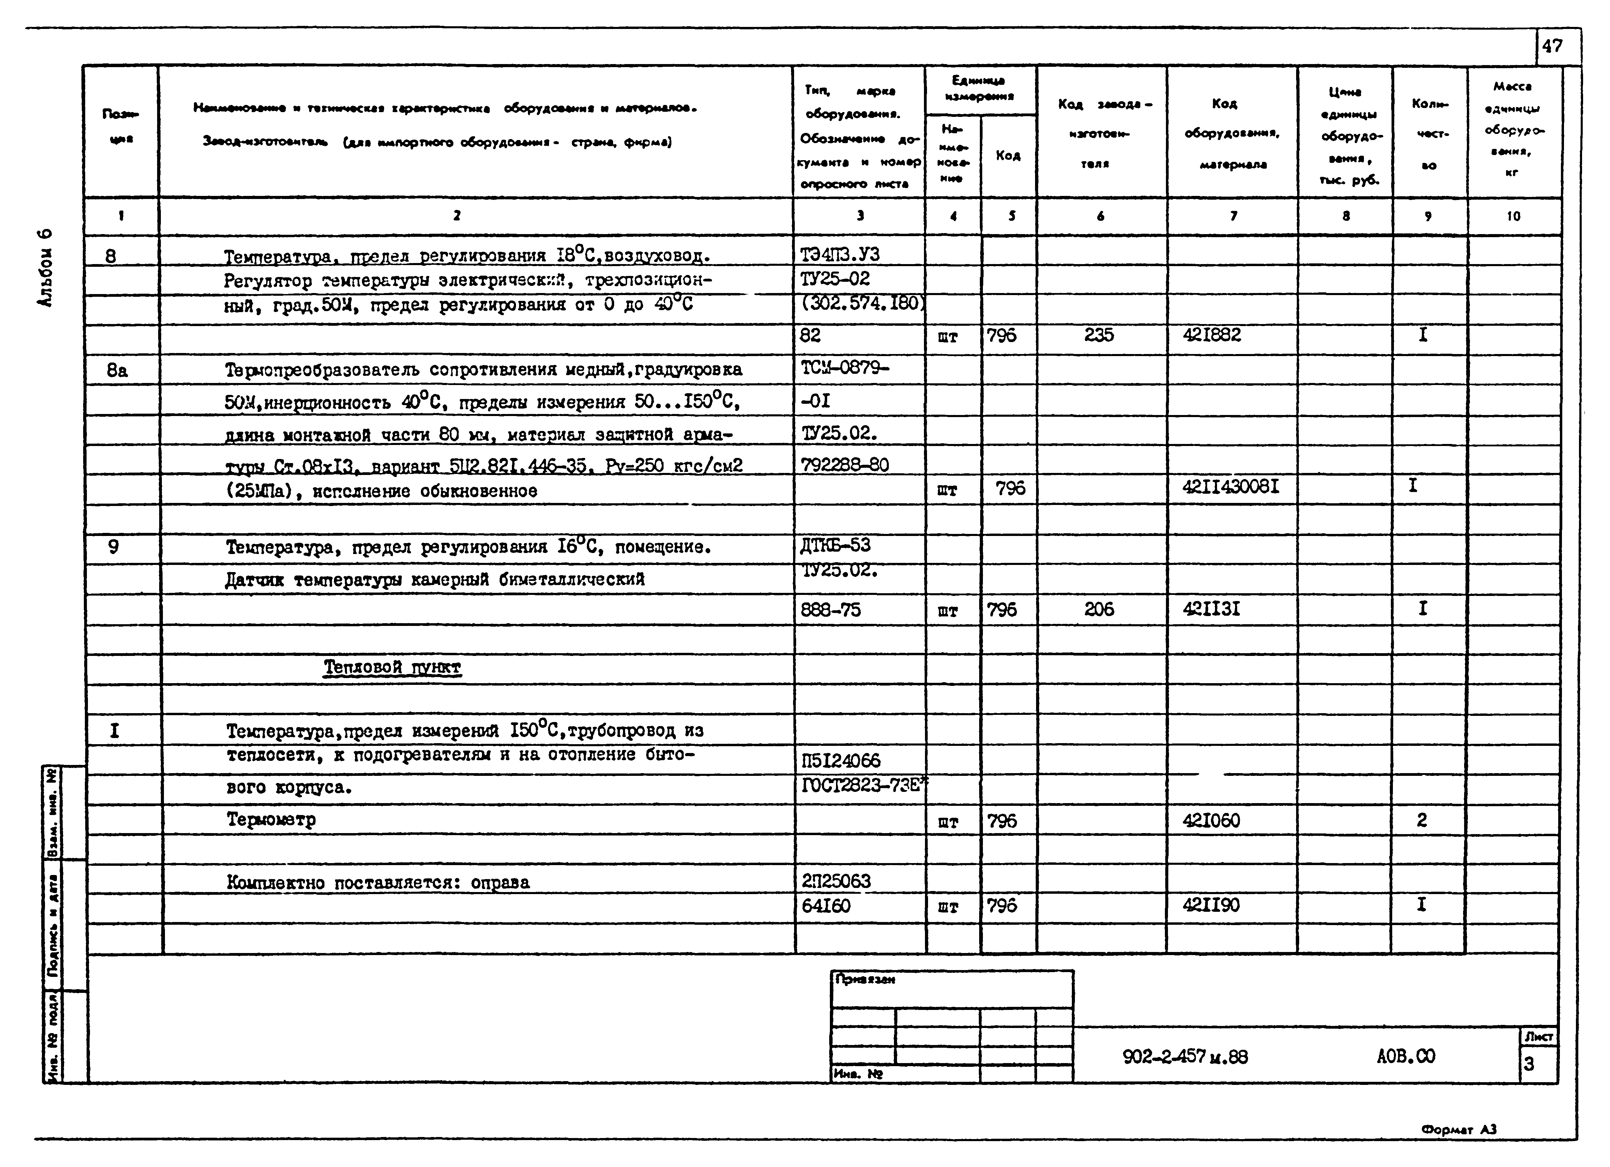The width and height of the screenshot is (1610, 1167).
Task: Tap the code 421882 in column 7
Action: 1212,335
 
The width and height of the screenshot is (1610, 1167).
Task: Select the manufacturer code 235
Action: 1099,335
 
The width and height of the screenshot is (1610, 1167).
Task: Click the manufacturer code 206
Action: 1099,609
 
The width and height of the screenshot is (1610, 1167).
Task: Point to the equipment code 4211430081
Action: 1230,487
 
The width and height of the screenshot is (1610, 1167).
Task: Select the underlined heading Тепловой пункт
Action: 392,667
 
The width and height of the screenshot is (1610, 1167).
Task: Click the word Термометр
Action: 271,820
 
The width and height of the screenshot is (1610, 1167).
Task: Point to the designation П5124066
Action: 840,761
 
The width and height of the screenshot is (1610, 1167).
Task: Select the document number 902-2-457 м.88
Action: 1185,1057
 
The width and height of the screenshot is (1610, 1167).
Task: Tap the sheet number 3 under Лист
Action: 1529,1064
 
